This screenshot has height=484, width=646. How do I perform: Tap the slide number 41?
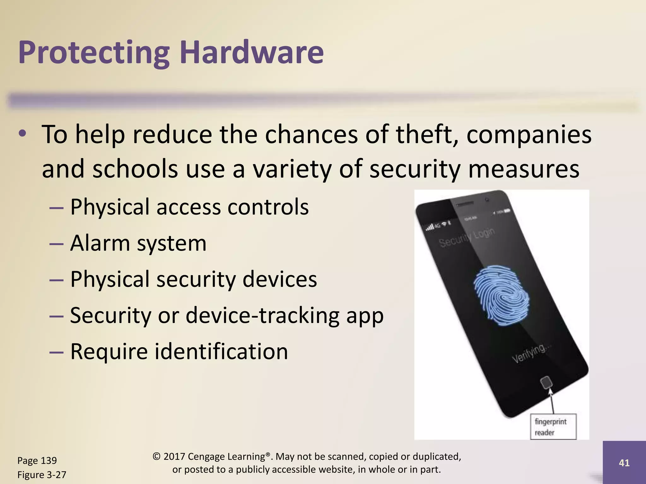[x=624, y=463]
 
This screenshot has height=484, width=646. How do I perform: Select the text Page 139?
[x=37, y=460]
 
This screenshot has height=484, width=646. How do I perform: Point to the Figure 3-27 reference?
[x=42, y=475]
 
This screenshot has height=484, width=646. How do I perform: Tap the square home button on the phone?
[x=546, y=383]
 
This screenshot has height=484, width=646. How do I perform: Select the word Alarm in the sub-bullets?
[x=100, y=243]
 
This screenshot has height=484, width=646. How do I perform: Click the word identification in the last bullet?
[x=221, y=351]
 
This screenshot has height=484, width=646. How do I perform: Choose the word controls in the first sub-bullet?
[x=268, y=207]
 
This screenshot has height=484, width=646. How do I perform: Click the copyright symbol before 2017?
[x=156, y=457]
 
